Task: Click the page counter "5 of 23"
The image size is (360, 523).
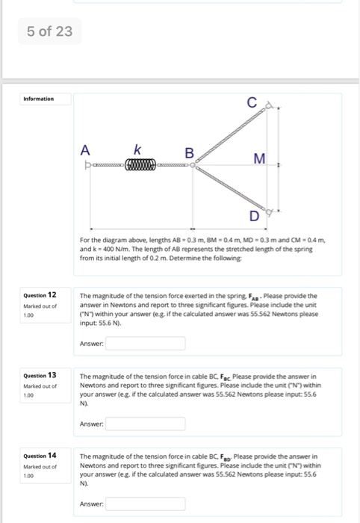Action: click(49, 32)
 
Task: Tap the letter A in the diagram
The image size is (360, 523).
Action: click(84, 149)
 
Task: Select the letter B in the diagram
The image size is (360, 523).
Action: click(190, 152)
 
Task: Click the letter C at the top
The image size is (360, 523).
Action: click(254, 103)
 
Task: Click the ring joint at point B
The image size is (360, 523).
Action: click(193, 165)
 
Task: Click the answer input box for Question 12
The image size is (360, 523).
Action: click(146, 343)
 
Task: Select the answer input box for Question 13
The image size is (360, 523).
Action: click(146, 423)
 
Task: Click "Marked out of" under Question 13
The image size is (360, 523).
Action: click(39, 386)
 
